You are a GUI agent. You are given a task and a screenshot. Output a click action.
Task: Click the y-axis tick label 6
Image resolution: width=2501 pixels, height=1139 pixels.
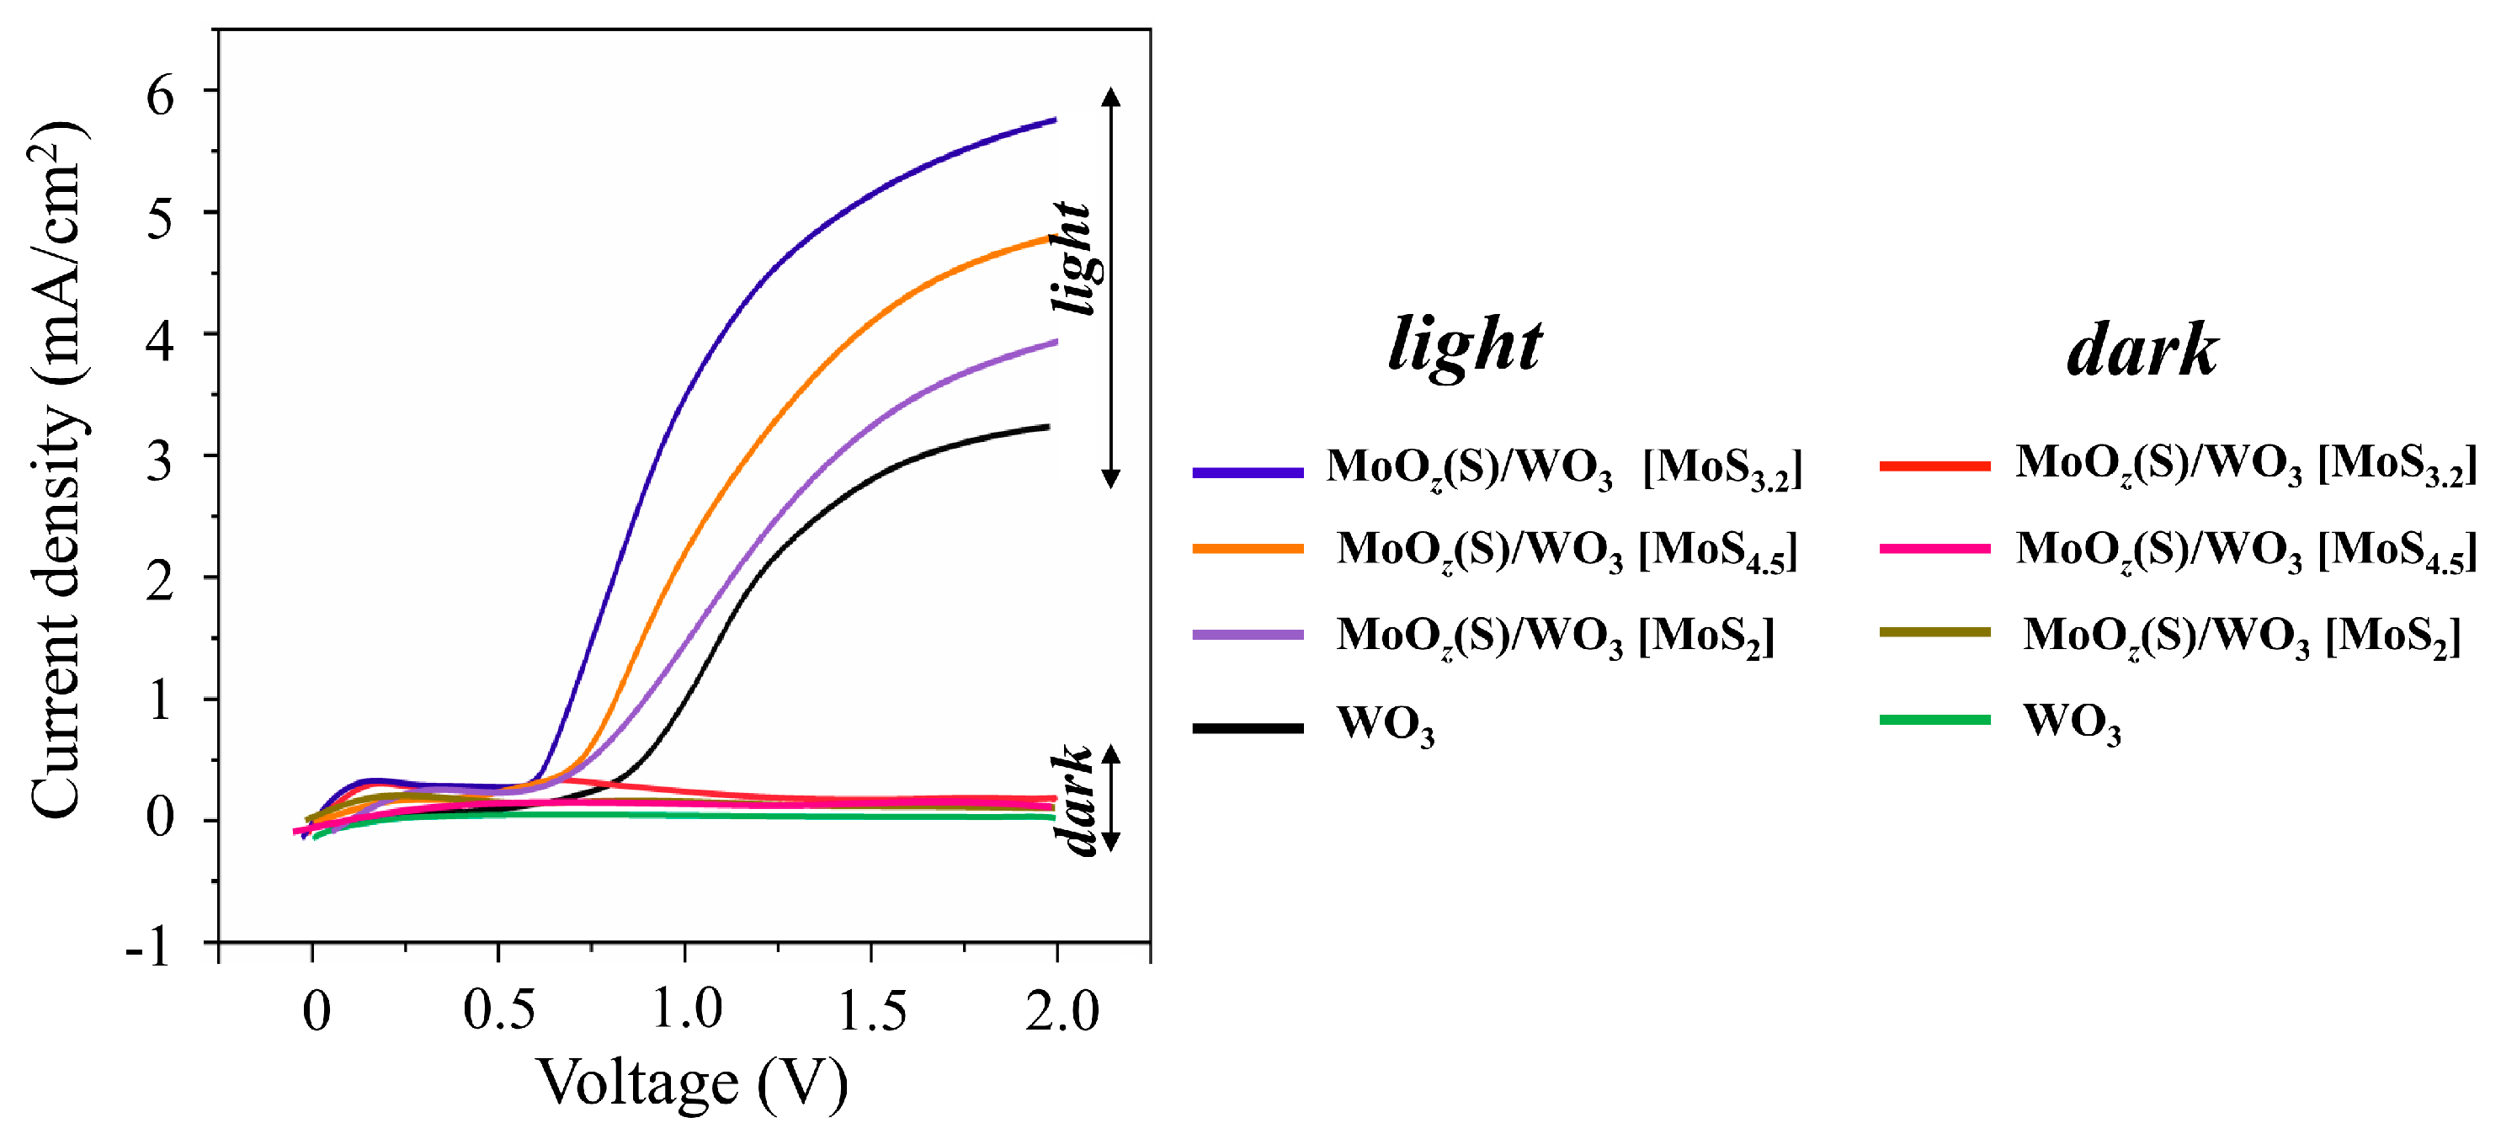point(160,95)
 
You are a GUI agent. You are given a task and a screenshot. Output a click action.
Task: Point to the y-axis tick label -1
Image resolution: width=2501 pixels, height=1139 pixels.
point(148,945)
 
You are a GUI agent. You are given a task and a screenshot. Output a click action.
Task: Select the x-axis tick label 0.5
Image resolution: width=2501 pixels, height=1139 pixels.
point(498,1010)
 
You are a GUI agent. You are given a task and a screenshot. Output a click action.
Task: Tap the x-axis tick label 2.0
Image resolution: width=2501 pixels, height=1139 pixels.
point(1062,1010)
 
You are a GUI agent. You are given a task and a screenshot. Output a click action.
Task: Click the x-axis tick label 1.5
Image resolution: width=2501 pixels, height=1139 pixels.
point(872,1010)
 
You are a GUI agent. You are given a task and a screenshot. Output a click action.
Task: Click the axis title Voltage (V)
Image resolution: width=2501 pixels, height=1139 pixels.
point(692,1082)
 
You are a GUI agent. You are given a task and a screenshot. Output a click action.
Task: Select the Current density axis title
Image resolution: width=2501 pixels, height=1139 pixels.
point(56,471)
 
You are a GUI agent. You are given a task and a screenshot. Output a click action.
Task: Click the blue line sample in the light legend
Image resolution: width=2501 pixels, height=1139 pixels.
point(1248,473)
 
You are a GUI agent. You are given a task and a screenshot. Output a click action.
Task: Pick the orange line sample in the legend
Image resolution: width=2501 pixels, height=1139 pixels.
point(1248,549)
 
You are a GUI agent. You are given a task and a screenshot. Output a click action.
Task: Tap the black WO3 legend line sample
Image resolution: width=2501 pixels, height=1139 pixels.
point(1248,727)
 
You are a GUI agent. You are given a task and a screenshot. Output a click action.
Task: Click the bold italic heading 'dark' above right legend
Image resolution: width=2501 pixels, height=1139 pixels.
point(2142,349)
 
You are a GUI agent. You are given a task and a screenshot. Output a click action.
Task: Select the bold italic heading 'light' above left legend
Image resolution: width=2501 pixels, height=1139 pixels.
point(1464,344)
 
